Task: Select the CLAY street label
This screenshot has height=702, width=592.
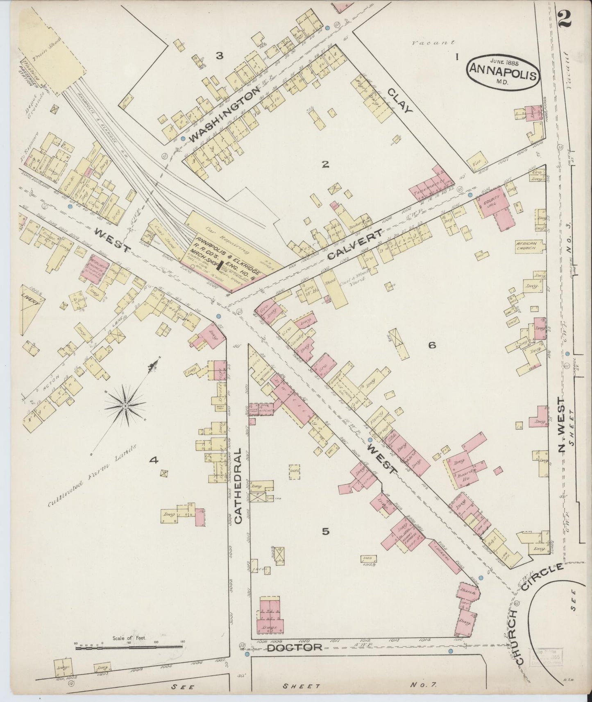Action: (x=398, y=102)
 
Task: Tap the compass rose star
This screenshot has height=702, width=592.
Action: (x=124, y=405)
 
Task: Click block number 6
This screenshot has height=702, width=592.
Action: (x=432, y=345)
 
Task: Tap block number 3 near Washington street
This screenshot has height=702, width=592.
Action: (x=220, y=56)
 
